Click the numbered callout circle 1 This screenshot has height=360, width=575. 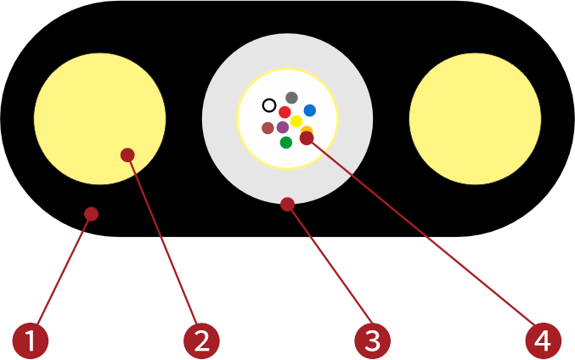(31, 340)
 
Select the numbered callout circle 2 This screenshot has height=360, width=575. (201, 340)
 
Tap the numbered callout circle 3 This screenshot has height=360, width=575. (372, 340)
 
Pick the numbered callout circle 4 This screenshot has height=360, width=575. (543, 340)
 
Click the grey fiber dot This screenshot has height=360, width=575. (291, 98)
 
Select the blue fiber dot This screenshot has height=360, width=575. (310, 110)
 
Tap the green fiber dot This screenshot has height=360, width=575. (286, 142)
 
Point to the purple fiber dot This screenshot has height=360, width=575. (283, 127)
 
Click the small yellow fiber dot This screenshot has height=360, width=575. (296, 121)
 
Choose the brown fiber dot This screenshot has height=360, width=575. (268, 128)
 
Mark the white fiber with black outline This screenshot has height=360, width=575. (269, 105)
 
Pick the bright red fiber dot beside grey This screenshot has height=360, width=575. (285, 112)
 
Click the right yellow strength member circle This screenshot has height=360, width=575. (475, 119)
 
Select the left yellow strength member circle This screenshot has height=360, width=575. (99, 119)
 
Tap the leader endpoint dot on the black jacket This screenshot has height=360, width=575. (91, 213)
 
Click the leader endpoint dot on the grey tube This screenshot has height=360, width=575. (287, 204)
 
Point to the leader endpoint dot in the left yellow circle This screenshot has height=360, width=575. (127, 155)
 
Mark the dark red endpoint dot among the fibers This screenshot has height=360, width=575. (307, 138)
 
